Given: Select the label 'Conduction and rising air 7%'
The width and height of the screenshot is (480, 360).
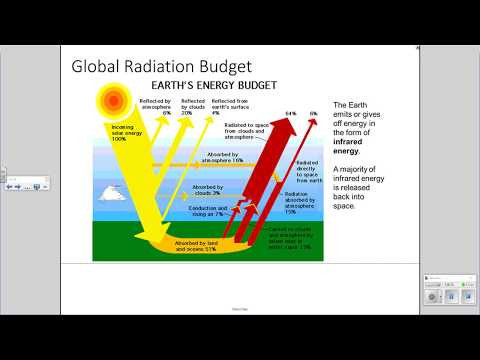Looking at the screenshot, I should click(x=207, y=211).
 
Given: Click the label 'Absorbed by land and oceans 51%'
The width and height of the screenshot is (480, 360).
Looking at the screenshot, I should click(x=196, y=246).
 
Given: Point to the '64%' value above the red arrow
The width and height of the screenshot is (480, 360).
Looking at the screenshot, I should click(x=291, y=114).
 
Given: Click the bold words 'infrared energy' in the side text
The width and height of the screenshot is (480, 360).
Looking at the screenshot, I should click(x=352, y=146).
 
